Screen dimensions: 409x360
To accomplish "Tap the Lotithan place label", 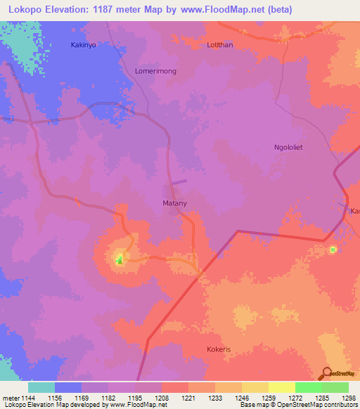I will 219,45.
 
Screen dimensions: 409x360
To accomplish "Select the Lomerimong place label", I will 155,71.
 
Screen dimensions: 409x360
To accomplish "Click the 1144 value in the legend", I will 28,398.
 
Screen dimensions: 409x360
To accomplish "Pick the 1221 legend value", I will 188,398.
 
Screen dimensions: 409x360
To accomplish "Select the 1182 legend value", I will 108,398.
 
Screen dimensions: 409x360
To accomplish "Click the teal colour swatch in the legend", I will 41,387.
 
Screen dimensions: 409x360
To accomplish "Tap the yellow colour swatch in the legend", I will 282,387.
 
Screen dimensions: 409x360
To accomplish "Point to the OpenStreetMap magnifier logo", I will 326,372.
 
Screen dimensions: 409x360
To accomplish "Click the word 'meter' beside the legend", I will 10,398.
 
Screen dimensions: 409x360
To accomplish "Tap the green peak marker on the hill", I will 119,262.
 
